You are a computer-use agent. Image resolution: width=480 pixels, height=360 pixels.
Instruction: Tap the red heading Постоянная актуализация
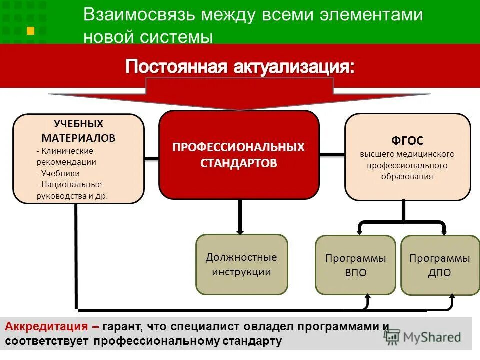click(240, 67)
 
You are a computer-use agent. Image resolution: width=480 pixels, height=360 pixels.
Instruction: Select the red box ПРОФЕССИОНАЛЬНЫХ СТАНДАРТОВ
click(239, 155)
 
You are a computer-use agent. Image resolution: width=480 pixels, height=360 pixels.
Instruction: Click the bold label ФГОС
click(407, 141)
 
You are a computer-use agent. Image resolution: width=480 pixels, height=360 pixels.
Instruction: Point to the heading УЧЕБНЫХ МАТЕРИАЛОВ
click(78, 130)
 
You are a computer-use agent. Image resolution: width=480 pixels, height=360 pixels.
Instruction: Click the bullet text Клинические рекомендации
click(65, 156)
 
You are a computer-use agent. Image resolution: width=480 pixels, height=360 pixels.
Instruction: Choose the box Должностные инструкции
click(241, 264)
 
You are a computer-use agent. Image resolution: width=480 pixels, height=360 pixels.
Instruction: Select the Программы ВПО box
click(356, 265)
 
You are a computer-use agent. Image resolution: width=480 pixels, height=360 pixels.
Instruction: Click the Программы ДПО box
click(440, 265)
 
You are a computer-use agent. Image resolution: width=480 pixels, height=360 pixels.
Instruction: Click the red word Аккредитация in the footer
click(48, 327)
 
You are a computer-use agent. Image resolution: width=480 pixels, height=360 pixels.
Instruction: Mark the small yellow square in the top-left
click(31, 31)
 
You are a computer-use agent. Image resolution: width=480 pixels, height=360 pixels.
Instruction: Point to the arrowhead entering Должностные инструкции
click(240, 231)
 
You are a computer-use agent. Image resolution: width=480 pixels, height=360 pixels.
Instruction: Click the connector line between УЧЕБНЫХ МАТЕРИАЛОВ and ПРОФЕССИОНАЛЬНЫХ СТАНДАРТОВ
click(151, 159)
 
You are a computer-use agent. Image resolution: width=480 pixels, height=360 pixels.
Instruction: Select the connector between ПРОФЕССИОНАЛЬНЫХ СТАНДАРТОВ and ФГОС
click(332, 155)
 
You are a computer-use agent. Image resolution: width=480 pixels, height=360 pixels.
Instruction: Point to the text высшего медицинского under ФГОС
click(407, 154)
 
